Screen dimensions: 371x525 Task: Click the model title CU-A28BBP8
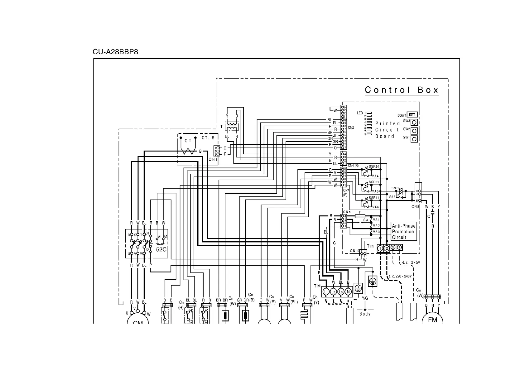coord(115,52)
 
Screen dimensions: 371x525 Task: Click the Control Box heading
coord(402,90)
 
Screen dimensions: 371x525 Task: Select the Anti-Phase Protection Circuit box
coord(404,232)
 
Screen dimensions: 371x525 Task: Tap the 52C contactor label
coord(161,249)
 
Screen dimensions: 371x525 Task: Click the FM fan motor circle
coord(432,320)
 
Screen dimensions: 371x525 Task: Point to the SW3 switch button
coord(414,122)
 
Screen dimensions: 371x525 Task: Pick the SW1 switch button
coord(414,139)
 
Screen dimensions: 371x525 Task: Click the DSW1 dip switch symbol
coord(412,115)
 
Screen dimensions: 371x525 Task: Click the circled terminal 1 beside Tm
coord(380,248)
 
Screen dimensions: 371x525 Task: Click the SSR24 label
coord(374,167)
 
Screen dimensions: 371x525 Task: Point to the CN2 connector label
coord(351,128)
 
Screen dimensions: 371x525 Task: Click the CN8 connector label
coord(416,206)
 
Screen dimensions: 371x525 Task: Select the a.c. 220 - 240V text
coord(400,276)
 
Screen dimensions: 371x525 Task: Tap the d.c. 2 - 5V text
coord(411,263)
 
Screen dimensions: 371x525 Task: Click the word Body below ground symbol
coord(365,314)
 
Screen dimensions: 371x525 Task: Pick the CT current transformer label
coord(188,141)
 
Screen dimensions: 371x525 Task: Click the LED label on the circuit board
coord(360,113)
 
